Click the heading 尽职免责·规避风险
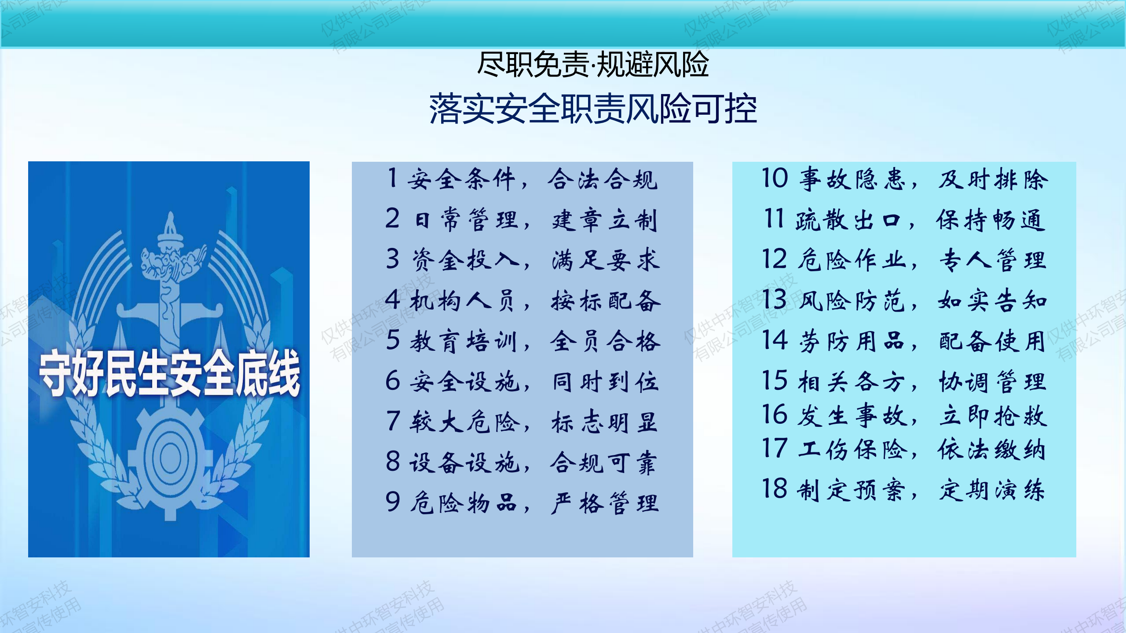pos(593,64)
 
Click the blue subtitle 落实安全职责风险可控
pos(593,109)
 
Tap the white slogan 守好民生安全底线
pos(170,373)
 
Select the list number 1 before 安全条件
pos(392,178)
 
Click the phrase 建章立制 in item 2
pos(605,220)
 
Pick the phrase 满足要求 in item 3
pos(606,260)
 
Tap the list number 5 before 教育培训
pos(393,340)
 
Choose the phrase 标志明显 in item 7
pos(605,422)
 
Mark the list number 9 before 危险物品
pos(393,502)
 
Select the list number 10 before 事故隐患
pos(775,178)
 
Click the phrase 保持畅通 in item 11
pos(991,220)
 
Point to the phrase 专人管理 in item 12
pos(992,260)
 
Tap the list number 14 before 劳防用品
pos(775,340)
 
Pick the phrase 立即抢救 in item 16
pos(993,416)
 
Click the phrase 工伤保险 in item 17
pos(852,449)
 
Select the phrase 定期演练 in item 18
pos(992,490)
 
